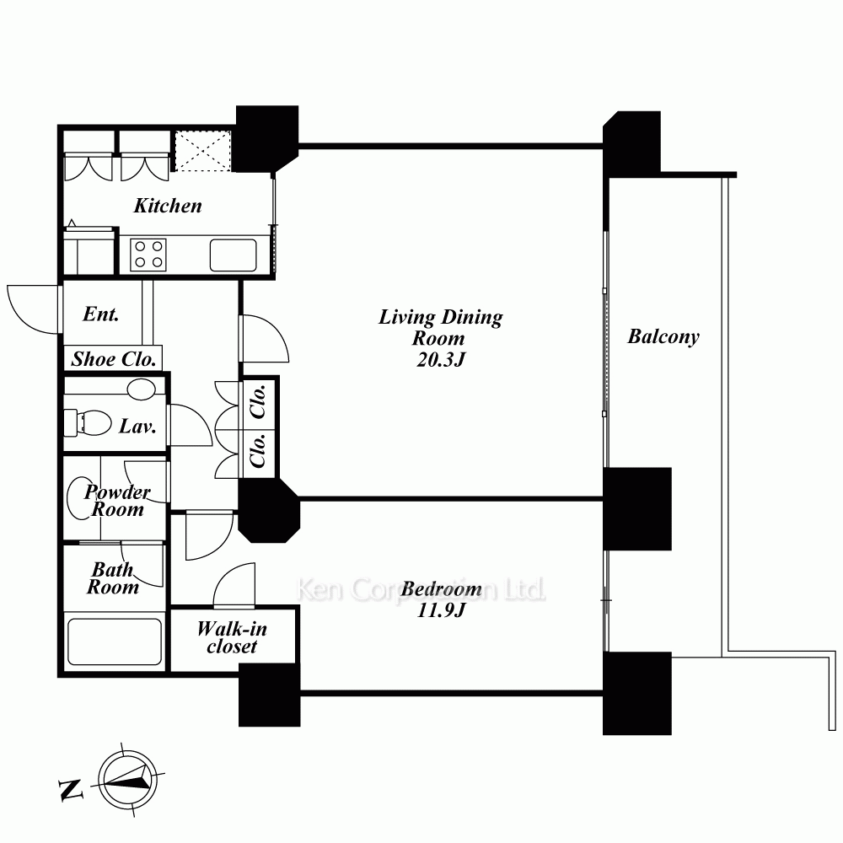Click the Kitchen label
coord(168,206)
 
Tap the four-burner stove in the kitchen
coord(148,255)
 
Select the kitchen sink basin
coord(234,255)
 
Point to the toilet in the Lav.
coord(88,423)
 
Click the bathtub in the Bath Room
coord(114,642)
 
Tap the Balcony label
coord(663,337)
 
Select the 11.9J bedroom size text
coord(440,610)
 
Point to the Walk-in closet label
coord(232,637)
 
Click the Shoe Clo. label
coord(114,359)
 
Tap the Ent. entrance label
coord(101,314)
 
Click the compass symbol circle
coord(128,780)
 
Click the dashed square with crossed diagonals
coord(203,151)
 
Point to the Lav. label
coord(137,427)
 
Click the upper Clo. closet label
coord(258,401)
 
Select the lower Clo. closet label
coord(258,450)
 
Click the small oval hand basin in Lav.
coord(142,389)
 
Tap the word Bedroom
coord(442,588)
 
